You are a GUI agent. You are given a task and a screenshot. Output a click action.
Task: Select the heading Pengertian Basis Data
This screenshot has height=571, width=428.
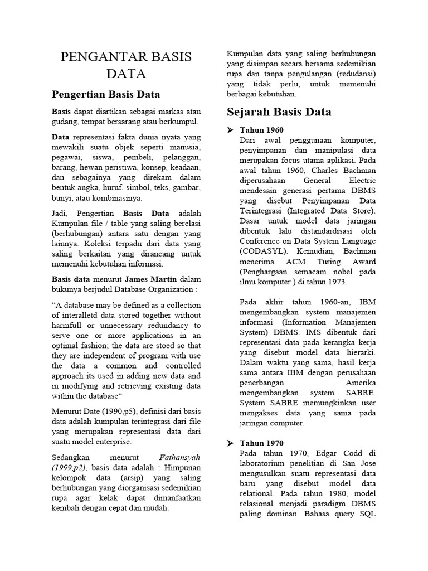tap(106, 94)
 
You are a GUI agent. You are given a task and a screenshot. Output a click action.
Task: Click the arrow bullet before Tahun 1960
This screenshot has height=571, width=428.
tap(230, 130)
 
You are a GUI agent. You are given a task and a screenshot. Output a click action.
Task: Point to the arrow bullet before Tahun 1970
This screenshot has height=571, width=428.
tap(230, 443)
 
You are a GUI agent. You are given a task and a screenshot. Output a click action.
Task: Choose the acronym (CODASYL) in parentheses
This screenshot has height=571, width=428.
tap(265, 251)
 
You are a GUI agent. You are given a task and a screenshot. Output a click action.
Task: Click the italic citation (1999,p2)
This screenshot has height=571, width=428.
tap(70, 467)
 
